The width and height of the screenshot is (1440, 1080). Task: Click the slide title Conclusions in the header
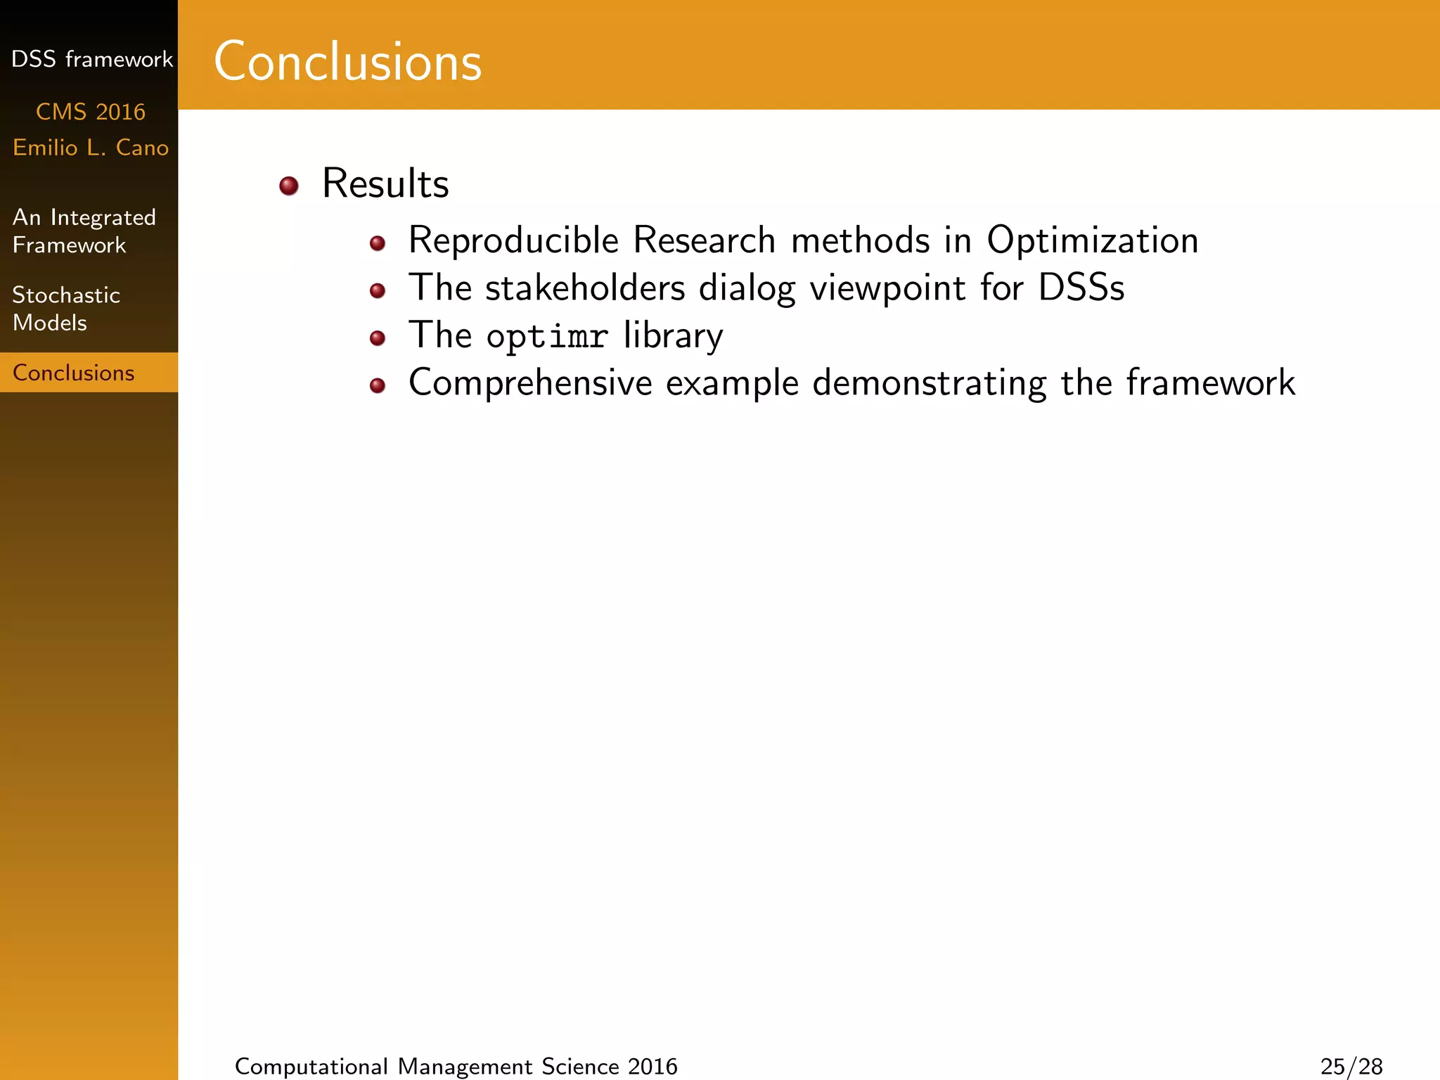pos(347,62)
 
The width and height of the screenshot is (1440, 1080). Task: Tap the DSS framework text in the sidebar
pos(91,59)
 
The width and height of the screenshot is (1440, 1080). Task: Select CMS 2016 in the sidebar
pos(91,112)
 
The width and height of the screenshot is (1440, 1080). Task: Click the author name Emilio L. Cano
pos(91,148)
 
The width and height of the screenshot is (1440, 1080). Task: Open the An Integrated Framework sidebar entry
pos(84,231)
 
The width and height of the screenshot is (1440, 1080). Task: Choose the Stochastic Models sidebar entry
pos(66,308)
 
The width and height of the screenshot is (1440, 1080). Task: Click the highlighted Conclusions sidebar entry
pos(74,373)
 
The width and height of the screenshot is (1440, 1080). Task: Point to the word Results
pos(385,184)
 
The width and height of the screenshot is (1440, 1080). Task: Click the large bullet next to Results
pos(289,186)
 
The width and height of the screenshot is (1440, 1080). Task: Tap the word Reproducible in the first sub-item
pos(513,240)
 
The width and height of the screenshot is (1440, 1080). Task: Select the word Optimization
pos(1092,240)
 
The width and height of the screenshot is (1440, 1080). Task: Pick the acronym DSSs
pos(1081,288)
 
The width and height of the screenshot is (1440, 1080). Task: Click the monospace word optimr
pos(546,336)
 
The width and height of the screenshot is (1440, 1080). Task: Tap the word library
pos(673,336)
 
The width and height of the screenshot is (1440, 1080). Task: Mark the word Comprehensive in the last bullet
pos(531,383)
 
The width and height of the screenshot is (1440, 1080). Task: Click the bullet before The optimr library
pos(378,338)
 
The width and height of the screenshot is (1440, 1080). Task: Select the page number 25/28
pos(1351,1067)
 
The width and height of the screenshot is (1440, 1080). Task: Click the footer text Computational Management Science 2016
pos(456,1067)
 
